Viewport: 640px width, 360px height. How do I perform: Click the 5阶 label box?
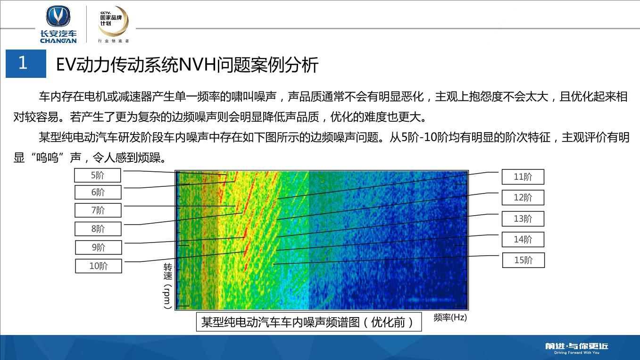click(x=98, y=176)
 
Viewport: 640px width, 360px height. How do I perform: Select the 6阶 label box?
click(x=98, y=192)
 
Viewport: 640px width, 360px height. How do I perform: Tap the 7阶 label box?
click(x=98, y=210)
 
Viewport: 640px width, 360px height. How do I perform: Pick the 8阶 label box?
click(x=98, y=229)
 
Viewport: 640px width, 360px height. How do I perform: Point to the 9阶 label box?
click(x=99, y=247)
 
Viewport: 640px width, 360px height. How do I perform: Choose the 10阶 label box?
click(x=99, y=266)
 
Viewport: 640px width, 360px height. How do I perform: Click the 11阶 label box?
click(x=523, y=177)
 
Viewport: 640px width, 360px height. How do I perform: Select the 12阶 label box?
click(x=523, y=198)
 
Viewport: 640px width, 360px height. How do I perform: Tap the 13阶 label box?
click(x=523, y=219)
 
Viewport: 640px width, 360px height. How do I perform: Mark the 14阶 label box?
click(x=523, y=239)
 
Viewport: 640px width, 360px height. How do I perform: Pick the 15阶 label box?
click(x=524, y=260)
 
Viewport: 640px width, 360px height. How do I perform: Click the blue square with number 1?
click(x=26, y=64)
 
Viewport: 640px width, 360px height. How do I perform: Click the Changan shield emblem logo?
click(x=58, y=17)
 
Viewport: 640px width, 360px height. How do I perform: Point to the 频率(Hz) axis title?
click(x=450, y=317)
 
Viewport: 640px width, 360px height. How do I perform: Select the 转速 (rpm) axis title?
click(x=168, y=286)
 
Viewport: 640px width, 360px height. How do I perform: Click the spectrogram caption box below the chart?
click(x=309, y=322)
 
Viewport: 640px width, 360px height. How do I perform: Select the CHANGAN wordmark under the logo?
click(x=58, y=41)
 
